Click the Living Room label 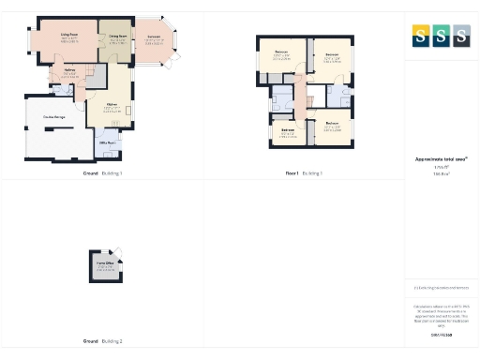tap(69, 35)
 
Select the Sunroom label tap(154, 37)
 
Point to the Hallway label tap(69, 69)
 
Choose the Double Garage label tap(54, 116)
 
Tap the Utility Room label tap(108, 142)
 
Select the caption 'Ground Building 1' tap(102, 173)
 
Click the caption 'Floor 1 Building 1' tap(304, 173)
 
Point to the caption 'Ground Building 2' tap(102, 341)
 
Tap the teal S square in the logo tap(442, 35)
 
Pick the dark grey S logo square tap(460, 35)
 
